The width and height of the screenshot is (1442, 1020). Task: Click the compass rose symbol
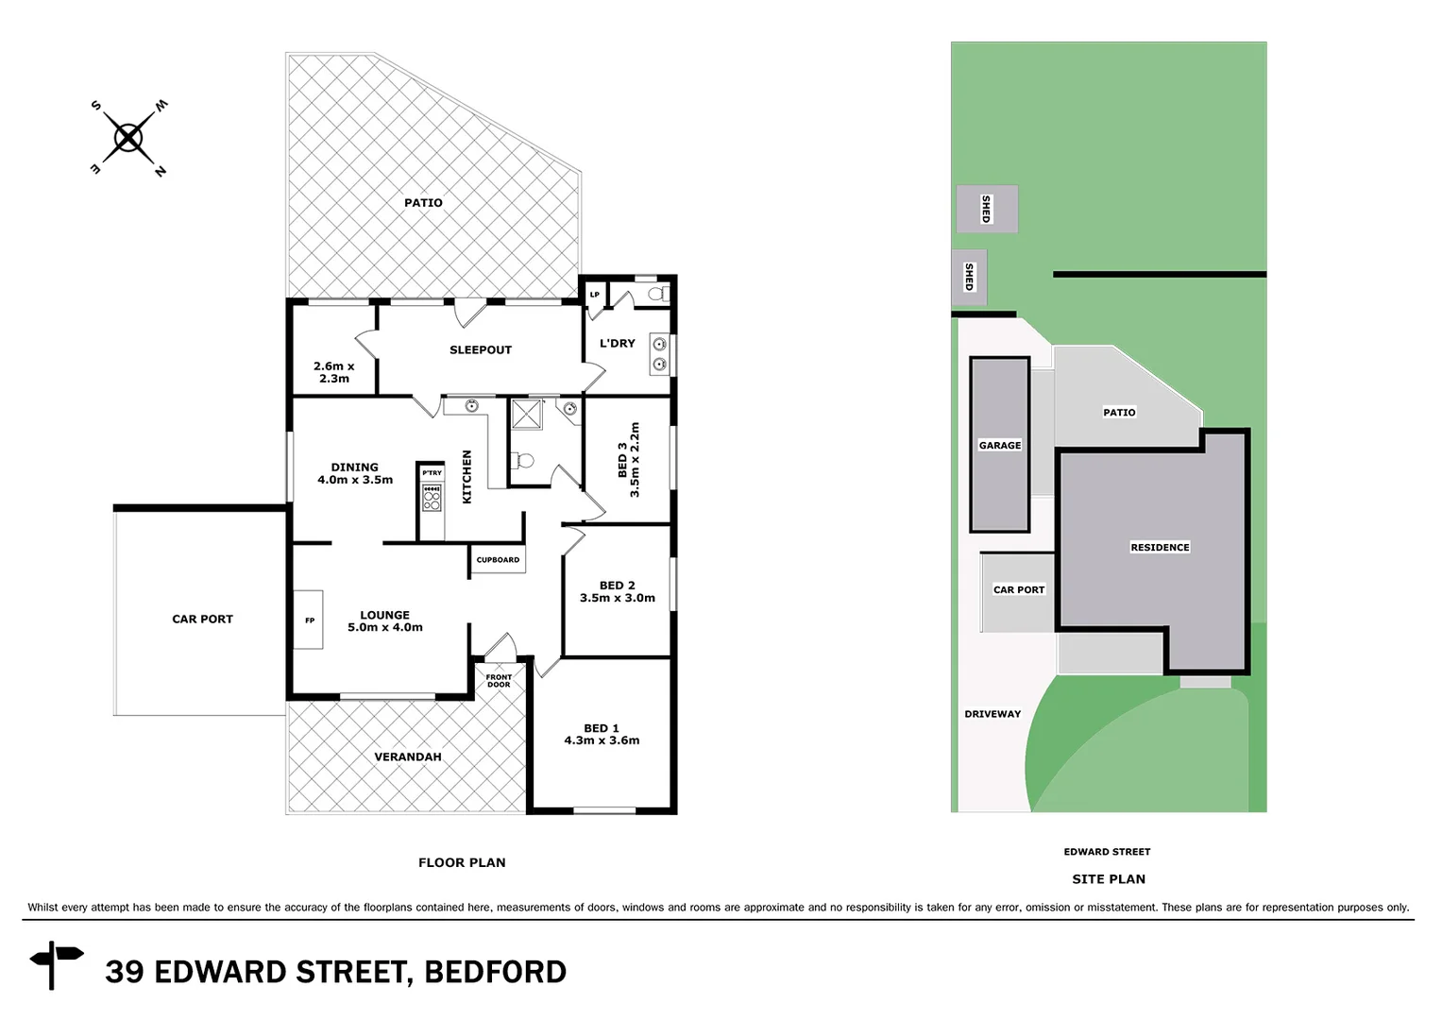(x=128, y=139)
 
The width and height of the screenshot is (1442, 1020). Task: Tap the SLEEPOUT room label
(x=480, y=349)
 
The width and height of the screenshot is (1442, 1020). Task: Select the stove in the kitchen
(x=432, y=498)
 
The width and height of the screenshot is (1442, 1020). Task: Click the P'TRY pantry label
(x=432, y=473)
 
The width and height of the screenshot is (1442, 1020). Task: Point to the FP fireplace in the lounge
(x=309, y=620)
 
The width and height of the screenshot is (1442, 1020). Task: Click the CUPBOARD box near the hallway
(x=498, y=560)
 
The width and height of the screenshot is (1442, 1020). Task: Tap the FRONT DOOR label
(x=499, y=680)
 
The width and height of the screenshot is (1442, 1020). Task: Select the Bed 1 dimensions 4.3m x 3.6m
(x=602, y=740)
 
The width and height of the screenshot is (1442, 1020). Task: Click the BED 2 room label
(x=617, y=586)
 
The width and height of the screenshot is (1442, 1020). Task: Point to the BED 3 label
(x=622, y=460)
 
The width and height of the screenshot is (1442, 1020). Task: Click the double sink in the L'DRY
(x=659, y=354)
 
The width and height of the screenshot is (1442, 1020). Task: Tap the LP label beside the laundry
(x=594, y=295)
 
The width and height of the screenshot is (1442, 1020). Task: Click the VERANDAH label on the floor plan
(x=407, y=756)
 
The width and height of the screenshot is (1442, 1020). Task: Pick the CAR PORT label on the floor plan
(x=202, y=620)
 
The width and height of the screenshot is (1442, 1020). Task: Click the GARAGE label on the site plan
(x=999, y=445)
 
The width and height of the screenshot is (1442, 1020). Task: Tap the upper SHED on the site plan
(x=987, y=209)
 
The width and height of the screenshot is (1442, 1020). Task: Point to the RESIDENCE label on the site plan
(x=1160, y=547)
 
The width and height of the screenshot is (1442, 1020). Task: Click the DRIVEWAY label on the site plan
(x=992, y=714)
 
